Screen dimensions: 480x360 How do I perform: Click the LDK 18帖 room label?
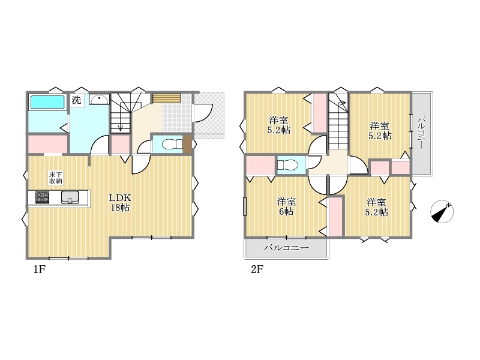(120, 202)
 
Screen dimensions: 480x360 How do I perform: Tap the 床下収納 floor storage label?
(56, 178)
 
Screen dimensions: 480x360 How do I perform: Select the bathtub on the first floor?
(47, 102)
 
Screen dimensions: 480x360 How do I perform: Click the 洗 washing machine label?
(77, 100)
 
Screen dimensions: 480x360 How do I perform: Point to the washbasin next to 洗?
(99, 100)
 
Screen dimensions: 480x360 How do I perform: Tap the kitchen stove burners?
(42, 197)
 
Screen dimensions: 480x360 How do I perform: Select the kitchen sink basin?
(70, 197)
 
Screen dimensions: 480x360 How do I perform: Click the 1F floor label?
(40, 269)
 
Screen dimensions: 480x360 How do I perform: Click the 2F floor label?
(257, 269)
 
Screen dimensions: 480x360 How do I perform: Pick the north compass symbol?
(442, 212)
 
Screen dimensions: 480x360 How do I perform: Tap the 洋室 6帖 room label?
(286, 206)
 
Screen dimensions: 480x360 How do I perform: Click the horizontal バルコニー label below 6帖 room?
(286, 248)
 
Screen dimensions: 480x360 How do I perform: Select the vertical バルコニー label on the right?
(422, 133)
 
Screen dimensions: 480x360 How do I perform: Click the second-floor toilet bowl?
(287, 166)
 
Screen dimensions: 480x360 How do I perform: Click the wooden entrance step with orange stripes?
(167, 98)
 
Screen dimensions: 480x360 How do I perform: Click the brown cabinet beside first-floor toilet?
(187, 145)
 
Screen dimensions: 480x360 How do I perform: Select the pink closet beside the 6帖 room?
(335, 217)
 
